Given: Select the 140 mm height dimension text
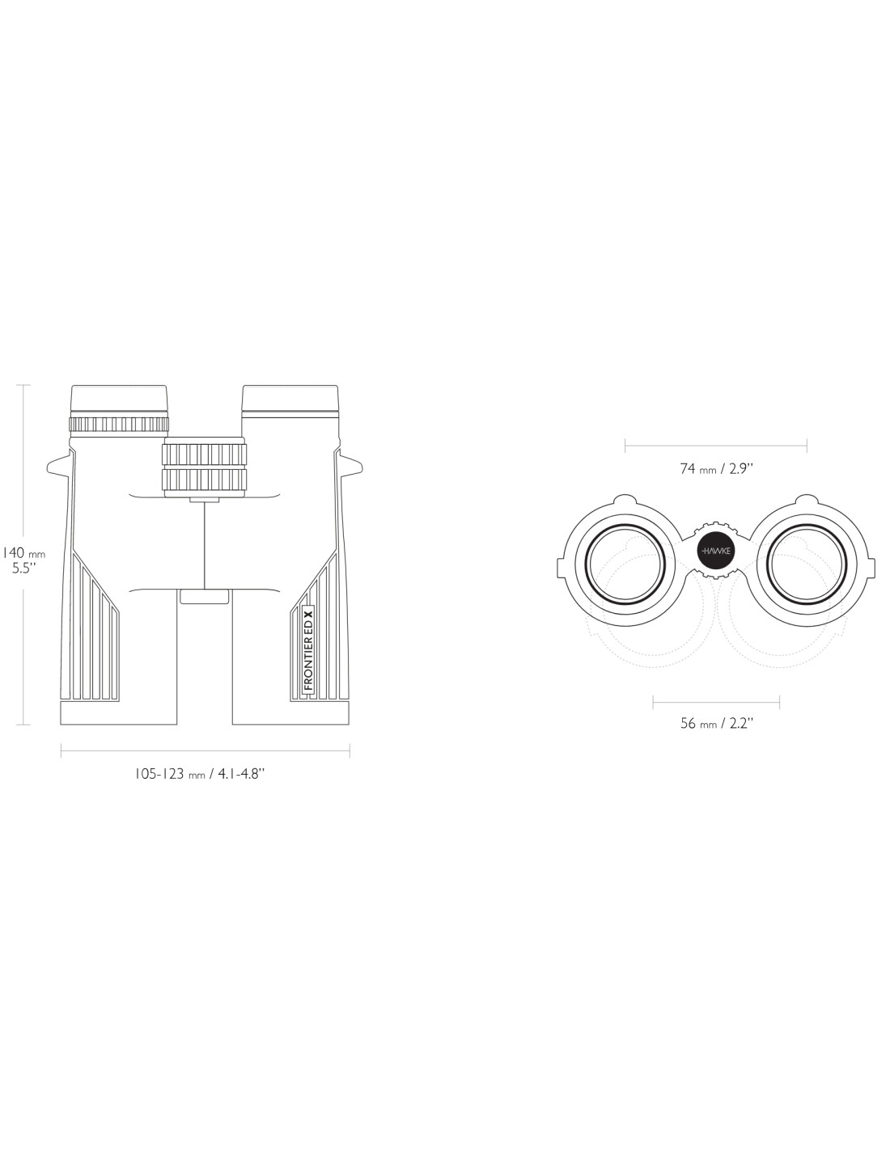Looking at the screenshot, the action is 23,553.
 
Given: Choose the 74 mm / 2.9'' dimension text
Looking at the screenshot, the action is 716,468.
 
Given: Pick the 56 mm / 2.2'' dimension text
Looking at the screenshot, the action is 716,723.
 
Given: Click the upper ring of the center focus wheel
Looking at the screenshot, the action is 205,453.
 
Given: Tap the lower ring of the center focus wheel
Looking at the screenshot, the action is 205,479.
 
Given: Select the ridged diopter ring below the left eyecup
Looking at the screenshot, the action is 119,424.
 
